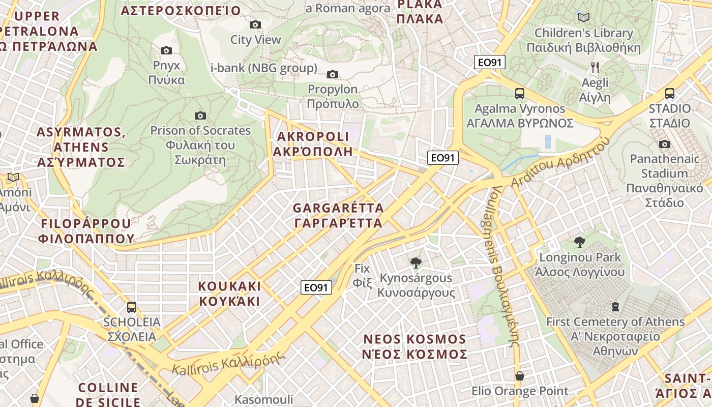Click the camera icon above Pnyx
166,50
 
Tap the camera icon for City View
255,24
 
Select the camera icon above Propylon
333,75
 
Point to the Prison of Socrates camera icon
200,116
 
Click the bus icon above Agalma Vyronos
520,94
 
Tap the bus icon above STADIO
670,94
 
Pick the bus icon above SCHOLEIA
132,307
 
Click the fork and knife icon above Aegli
595,67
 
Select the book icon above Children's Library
584,18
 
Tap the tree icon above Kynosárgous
416,263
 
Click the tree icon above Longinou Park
579,242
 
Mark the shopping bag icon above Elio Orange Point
520,376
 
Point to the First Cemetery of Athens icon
615,307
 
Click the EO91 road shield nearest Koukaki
316,287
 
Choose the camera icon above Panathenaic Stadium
664,144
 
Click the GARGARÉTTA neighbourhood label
338,216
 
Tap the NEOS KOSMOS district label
414,346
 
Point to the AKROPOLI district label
313,144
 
